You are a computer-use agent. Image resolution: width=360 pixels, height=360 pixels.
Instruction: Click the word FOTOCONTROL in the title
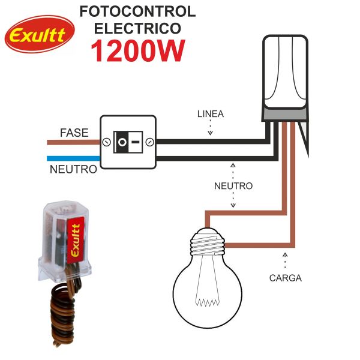point(137,11)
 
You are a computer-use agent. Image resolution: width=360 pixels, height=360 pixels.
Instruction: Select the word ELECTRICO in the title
point(137,28)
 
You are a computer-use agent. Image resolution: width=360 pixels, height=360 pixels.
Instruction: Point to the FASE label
point(74,133)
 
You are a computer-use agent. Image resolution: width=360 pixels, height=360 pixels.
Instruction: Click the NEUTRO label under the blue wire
point(73,170)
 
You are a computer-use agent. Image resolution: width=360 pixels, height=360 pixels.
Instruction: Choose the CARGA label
point(285,278)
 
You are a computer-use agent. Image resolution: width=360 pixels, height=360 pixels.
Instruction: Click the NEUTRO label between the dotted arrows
point(233,186)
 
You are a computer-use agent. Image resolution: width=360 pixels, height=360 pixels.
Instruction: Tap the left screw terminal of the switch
point(106,142)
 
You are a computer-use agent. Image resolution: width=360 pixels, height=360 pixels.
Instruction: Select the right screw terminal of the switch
point(149,142)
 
